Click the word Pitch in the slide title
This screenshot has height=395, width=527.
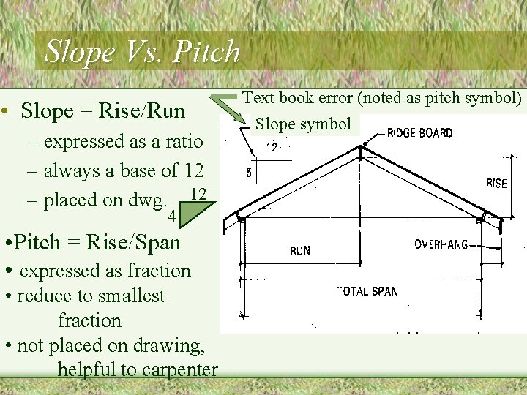point(207,51)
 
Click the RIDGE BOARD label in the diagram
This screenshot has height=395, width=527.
point(419,133)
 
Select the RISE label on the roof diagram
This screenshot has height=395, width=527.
point(496,183)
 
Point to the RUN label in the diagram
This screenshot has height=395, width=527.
point(300,251)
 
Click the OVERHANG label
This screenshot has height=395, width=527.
point(441,244)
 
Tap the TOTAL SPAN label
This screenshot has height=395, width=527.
point(367,291)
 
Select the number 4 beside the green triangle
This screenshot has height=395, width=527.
point(171,217)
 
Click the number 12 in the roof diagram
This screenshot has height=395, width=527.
point(272,148)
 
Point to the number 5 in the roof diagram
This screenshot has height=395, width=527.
point(249,173)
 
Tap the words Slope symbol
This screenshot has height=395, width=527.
point(303,124)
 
